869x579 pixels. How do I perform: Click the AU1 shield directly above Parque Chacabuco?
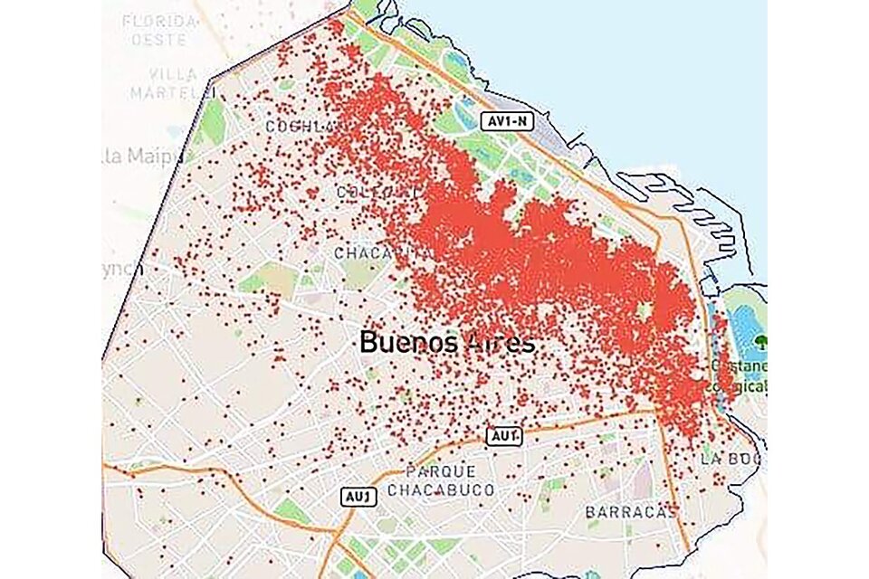[504, 436]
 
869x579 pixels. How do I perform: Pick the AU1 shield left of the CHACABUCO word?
[356, 496]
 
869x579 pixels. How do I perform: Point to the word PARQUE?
[440, 471]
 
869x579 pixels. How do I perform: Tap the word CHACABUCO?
[441, 490]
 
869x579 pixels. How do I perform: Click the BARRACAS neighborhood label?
[631, 512]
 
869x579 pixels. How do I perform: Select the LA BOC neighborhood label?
[729, 459]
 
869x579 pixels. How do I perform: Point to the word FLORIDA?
[160, 20]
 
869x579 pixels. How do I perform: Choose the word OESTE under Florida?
[159, 40]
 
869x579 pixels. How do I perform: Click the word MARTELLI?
[172, 92]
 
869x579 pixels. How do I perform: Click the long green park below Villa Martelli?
[213, 121]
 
